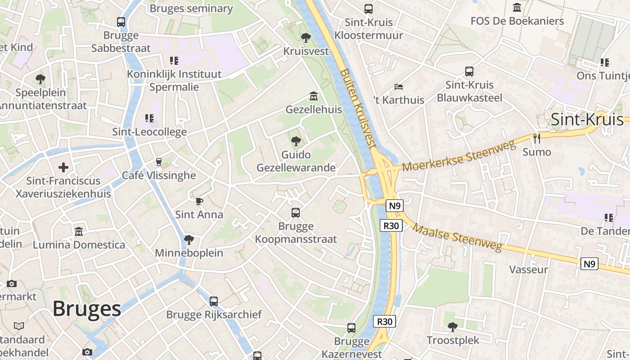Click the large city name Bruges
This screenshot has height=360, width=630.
point(87,309)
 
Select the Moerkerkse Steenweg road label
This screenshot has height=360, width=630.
point(459,156)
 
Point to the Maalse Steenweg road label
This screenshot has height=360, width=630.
point(457,238)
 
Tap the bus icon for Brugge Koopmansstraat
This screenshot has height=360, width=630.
point(296,212)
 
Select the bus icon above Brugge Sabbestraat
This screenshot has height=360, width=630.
point(121,22)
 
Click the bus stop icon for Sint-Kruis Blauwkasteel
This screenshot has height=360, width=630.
point(469,71)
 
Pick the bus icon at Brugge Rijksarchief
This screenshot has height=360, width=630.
point(214,301)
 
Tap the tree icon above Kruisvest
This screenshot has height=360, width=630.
point(306,37)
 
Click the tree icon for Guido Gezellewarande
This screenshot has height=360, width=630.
point(296,141)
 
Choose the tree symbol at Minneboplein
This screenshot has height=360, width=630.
point(189,239)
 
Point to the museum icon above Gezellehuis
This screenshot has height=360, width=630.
point(314,96)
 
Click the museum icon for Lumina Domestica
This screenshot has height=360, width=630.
point(79,231)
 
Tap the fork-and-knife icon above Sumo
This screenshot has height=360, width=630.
point(536,138)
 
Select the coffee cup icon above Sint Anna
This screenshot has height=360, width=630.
point(199,201)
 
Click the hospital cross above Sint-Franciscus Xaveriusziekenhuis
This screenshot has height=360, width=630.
point(63,167)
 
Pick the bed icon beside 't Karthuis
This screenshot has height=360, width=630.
point(398,86)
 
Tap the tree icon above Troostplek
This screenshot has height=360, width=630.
point(453,327)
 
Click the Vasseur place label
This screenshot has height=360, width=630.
point(528,270)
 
